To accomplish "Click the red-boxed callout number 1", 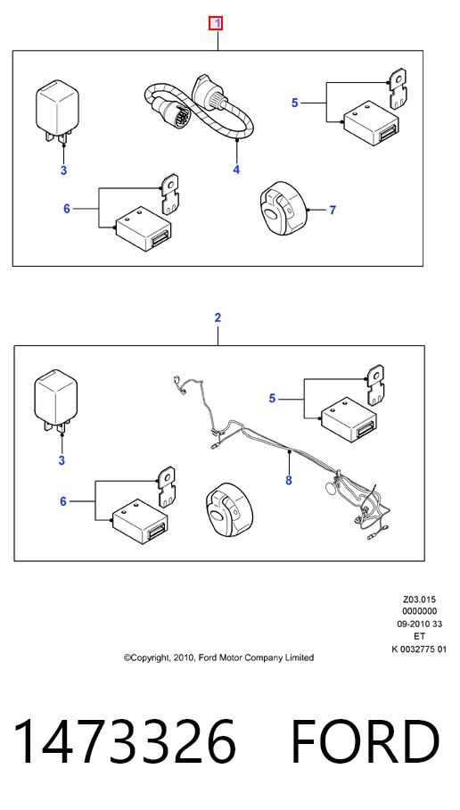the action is click(217, 23).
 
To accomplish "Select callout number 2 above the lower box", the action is click(218, 318).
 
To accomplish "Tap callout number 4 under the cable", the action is click(236, 169).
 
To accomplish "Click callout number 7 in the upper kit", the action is click(333, 211).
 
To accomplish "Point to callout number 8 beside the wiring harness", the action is click(289, 481).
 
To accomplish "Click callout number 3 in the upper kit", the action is click(63, 170).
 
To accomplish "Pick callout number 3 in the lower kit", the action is click(62, 460).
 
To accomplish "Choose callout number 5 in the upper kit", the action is click(295, 103).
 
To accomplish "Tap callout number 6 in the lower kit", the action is click(63, 501).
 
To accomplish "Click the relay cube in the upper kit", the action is click(57, 112).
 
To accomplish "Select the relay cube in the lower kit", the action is click(56, 401).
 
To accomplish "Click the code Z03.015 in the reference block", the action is click(420, 599).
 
